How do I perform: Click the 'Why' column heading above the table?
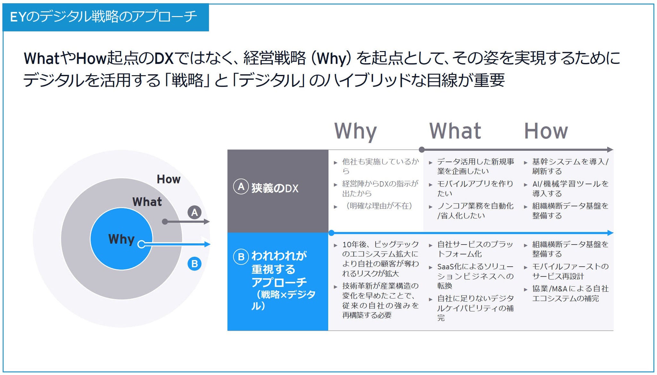(x=355, y=131)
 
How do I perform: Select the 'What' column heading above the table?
(x=455, y=131)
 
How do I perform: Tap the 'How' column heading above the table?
(x=546, y=131)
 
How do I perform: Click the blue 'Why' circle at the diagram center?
(x=121, y=239)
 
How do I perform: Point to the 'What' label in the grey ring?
(x=147, y=202)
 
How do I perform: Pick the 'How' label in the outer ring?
(x=168, y=179)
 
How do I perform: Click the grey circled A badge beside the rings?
(x=194, y=212)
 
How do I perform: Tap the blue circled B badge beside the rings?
(x=194, y=264)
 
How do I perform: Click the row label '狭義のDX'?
(x=275, y=188)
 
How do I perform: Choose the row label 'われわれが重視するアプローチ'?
(x=279, y=269)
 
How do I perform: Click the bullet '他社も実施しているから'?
(x=380, y=166)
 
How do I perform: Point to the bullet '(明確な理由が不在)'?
(x=377, y=206)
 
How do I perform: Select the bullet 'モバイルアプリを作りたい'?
(x=475, y=188)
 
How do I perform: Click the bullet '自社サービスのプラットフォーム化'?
(x=475, y=249)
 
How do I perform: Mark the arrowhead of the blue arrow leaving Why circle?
(x=208, y=244)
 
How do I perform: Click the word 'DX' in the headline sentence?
(x=164, y=58)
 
